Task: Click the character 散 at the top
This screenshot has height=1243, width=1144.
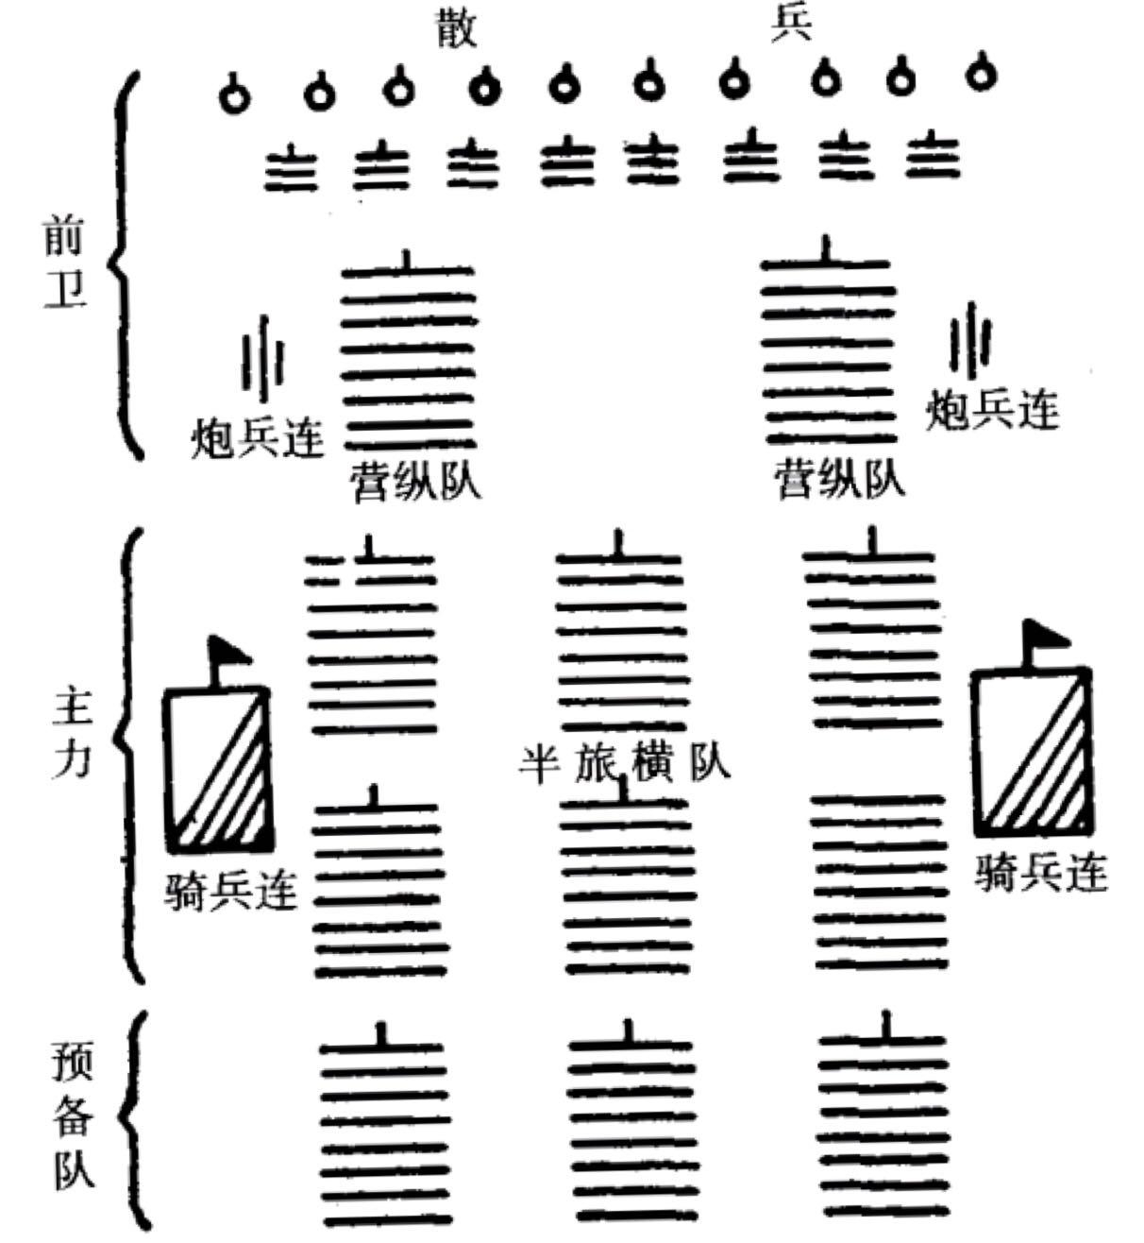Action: [457, 28]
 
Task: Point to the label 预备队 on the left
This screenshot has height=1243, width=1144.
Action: [74, 1121]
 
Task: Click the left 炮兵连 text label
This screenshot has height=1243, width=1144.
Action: [257, 438]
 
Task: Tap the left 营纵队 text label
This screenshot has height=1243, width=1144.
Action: [415, 481]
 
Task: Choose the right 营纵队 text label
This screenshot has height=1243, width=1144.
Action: [839, 479]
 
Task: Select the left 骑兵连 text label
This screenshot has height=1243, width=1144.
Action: [230, 890]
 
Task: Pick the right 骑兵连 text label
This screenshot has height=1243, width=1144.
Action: [1040, 873]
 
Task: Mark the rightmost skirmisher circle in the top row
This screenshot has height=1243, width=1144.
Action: [982, 74]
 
